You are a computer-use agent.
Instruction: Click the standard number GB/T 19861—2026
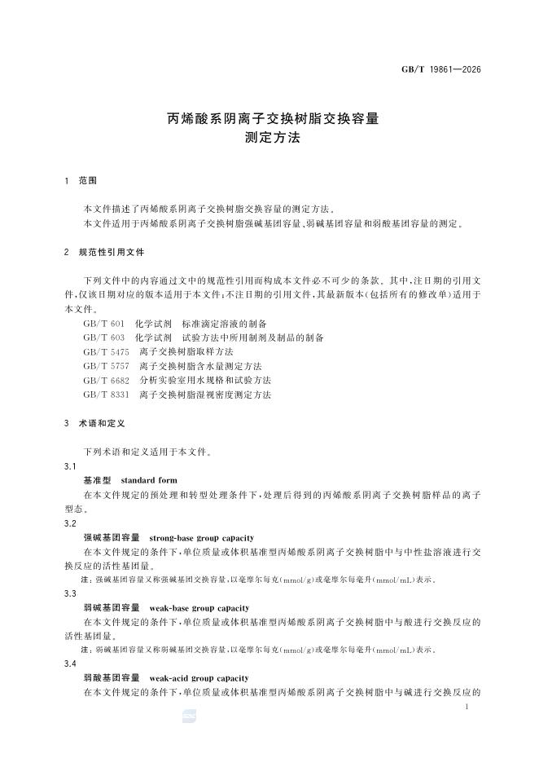tap(440, 69)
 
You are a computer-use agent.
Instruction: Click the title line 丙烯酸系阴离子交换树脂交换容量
tap(273, 119)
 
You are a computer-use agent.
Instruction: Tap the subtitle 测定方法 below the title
tap(273, 139)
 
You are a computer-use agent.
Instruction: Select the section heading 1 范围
tap(81, 180)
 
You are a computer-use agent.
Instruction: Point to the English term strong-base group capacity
tap(202, 538)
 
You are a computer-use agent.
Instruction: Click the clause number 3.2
tap(70, 524)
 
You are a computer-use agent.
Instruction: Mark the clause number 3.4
tap(70, 664)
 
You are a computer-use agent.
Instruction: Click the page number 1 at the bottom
tap(466, 708)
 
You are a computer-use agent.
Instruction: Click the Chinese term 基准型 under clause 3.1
tap(98, 481)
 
